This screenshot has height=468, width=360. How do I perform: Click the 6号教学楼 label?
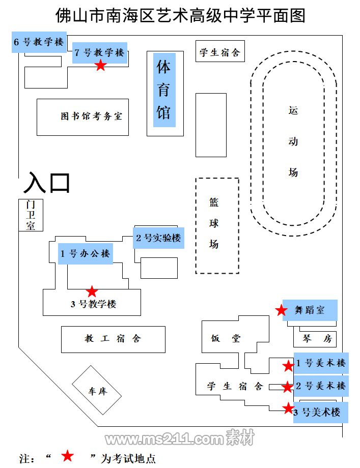pos(39,42)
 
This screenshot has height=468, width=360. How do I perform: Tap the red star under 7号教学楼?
pos(101,65)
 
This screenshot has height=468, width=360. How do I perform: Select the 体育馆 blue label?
pos(163,90)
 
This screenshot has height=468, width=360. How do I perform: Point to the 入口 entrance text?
pos(47,183)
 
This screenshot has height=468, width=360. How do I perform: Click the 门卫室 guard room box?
pos(31,215)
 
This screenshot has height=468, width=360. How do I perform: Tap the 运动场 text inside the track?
pos(293,141)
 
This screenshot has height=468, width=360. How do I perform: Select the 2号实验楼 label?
pos(158,238)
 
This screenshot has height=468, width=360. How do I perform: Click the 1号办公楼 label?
pos(85,254)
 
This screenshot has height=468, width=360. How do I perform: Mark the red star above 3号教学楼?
pos(92,291)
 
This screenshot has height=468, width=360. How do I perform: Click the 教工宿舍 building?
pos(113,339)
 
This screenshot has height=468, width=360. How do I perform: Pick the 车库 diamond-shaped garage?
pos(97,392)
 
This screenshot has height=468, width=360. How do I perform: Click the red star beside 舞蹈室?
pos(281,310)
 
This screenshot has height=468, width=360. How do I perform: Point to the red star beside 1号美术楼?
pos(288,365)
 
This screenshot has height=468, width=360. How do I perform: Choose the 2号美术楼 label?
pos(321,386)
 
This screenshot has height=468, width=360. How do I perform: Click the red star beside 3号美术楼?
pos(288,408)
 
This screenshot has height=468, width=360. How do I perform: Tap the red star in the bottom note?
pos(67,456)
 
